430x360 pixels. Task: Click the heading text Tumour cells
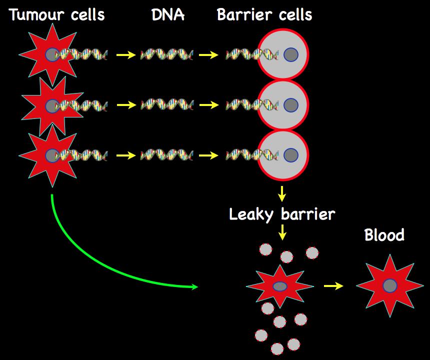point(57,15)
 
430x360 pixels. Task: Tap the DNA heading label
point(168,15)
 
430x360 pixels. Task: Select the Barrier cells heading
point(264,15)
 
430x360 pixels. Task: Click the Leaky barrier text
point(282,214)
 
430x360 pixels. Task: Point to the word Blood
point(384,235)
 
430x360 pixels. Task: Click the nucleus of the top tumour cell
point(51,54)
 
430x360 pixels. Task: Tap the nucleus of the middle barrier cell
point(290,105)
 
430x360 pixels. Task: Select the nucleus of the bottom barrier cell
point(290,155)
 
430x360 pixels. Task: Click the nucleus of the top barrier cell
point(290,54)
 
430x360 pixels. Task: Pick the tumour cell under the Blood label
point(389,286)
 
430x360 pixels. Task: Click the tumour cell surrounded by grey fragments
point(279,286)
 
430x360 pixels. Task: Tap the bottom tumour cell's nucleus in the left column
point(51,155)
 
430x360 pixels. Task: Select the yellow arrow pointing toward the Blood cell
point(333,286)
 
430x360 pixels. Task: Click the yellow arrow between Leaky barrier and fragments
point(282,232)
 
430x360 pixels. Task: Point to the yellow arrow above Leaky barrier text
point(282,193)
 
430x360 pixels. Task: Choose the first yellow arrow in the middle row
point(126,105)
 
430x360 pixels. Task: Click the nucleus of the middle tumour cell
point(51,105)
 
